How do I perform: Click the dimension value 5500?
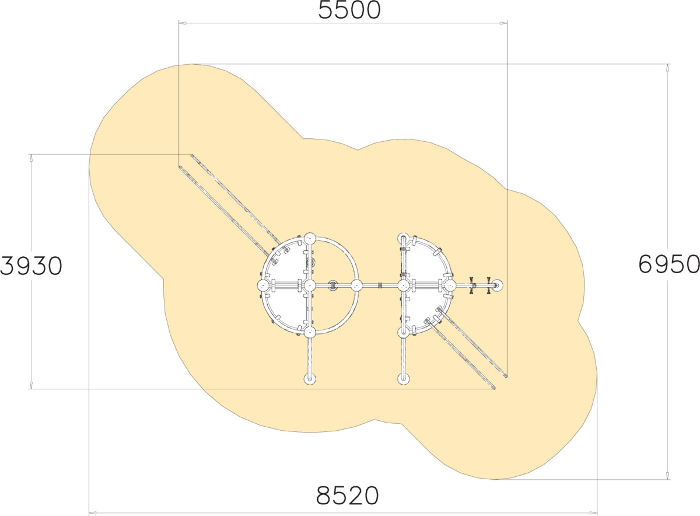pyautogui.click(x=349, y=10)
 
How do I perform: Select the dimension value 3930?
pyautogui.click(x=32, y=266)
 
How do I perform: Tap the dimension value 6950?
pyautogui.click(x=668, y=264)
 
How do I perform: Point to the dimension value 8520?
pyautogui.click(x=348, y=496)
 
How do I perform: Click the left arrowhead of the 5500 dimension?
pyautogui.click(x=183, y=23)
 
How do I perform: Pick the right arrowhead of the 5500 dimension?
pyautogui.click(x=503, y=23)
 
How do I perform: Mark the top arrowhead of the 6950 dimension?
pyautogui.click(x=668, y=68)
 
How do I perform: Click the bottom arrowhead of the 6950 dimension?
pyautogui.click(x=668, y=475)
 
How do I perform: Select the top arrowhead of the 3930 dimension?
pyautogui.click(x=31, y=158)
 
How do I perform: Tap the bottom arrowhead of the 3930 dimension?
pyautogui.click(x=31, y=385)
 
